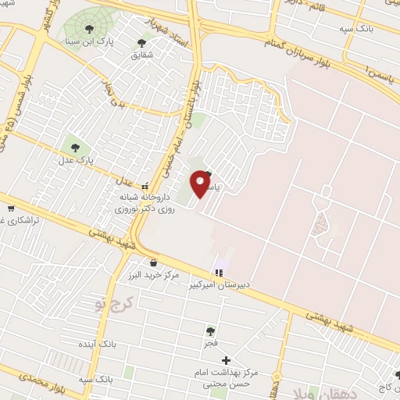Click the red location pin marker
(202, 184)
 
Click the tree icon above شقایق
(141, 43)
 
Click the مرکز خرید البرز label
(152, 275)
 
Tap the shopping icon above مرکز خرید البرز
(152, 262)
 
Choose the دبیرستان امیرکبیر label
(216, 285)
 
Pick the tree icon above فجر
(209, 331)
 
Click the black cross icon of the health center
(227, 360)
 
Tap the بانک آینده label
(95, 344)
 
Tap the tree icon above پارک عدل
(76, 146)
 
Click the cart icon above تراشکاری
(11, 208)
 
